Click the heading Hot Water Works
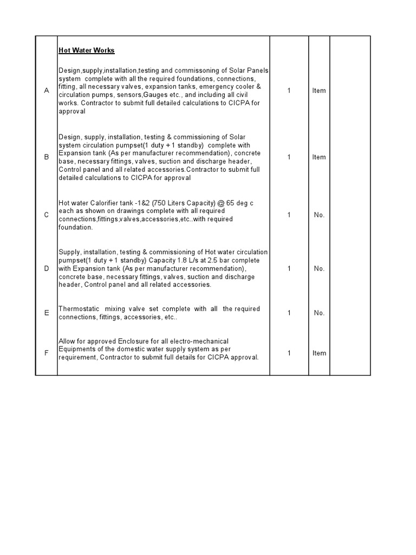coord(87,50)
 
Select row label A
coord(47,91)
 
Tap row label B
coord(47,157)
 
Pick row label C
coord(47,215)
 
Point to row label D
coord(47,268)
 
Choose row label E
coord(47,313)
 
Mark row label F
coord(47,353)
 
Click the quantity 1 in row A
coord(289,91)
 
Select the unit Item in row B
coord(319,157)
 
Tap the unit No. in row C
coord(319,215)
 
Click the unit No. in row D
coord(319,268)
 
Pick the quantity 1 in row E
coord(289,313)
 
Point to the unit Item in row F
coord(319,353)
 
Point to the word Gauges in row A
coord(154,95)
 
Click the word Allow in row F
coord(67,341)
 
